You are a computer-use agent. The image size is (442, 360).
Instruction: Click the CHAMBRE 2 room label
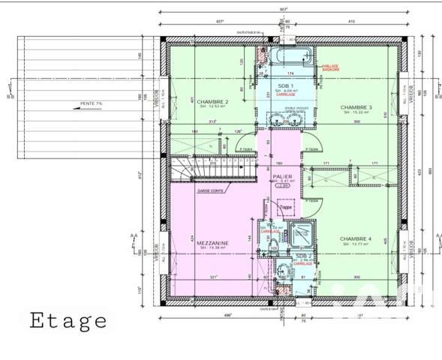215,102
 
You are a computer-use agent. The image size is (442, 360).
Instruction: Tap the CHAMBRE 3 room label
356,107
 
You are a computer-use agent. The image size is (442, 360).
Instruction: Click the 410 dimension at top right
348,22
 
